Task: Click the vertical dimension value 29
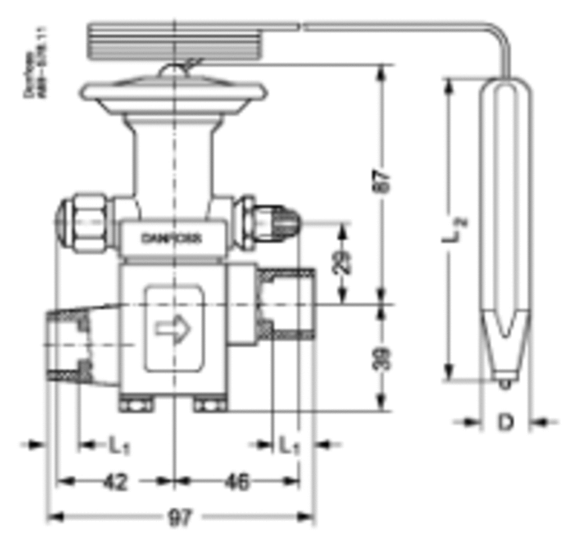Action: click(x=345, y=261)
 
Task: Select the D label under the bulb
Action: click(x=506, y=422)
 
